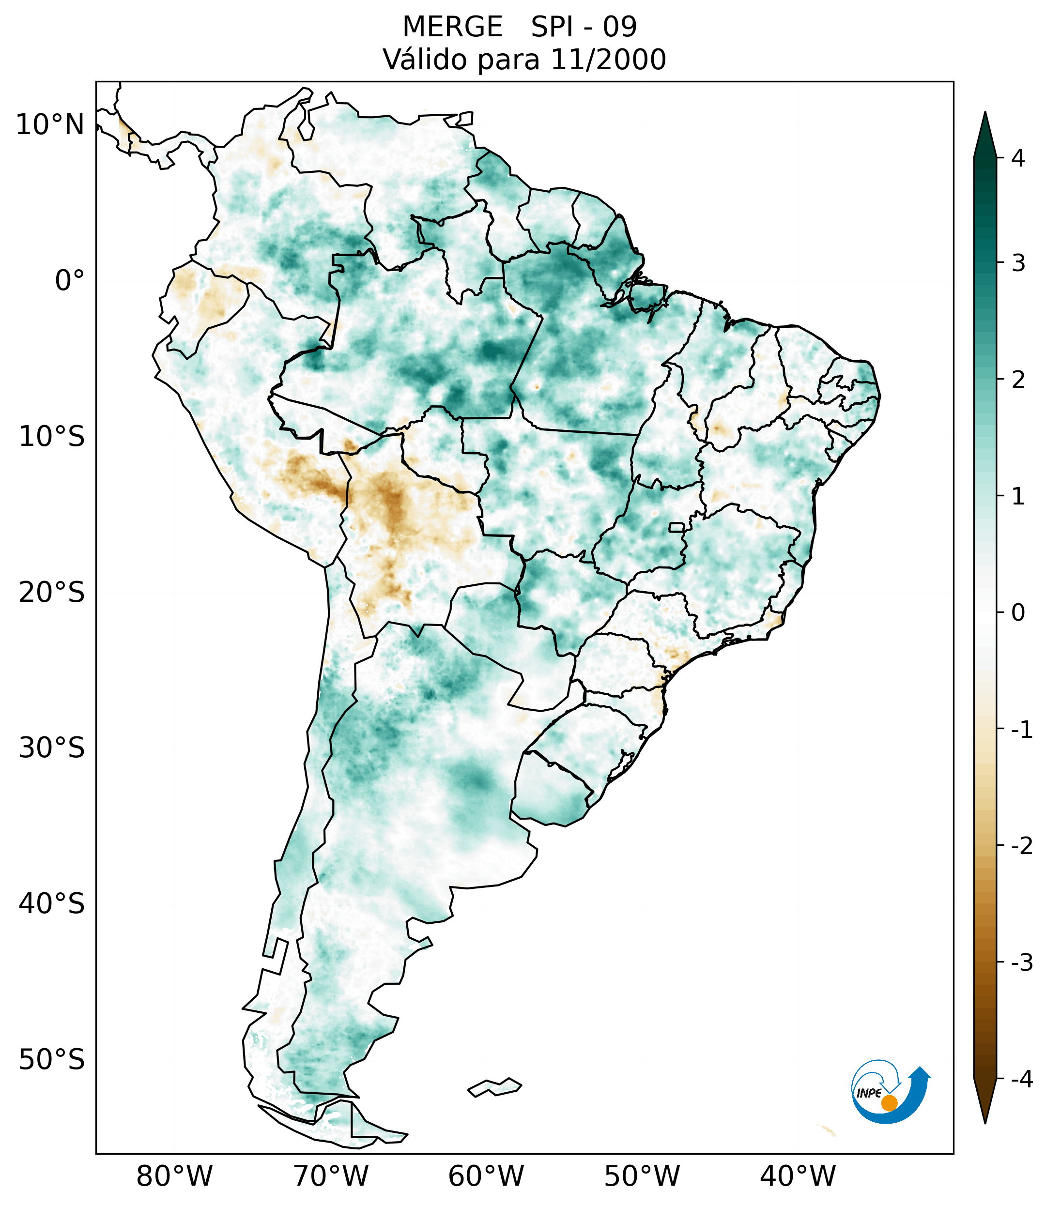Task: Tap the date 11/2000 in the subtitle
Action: click(608, 60)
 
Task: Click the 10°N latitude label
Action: click(50, 125)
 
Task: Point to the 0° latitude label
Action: click(70, 281)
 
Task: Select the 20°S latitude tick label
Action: click(52, 593)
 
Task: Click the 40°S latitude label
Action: click(52, 904)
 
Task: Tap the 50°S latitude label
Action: click(52, 1060)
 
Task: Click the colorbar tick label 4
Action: click(1018, 158)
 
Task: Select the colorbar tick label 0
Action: click(1018, 613)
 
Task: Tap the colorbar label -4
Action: click(1021, 1079)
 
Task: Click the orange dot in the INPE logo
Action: click(889, 1103)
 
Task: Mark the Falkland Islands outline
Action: click(494, 1087)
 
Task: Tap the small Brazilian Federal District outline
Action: click(677, 527)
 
